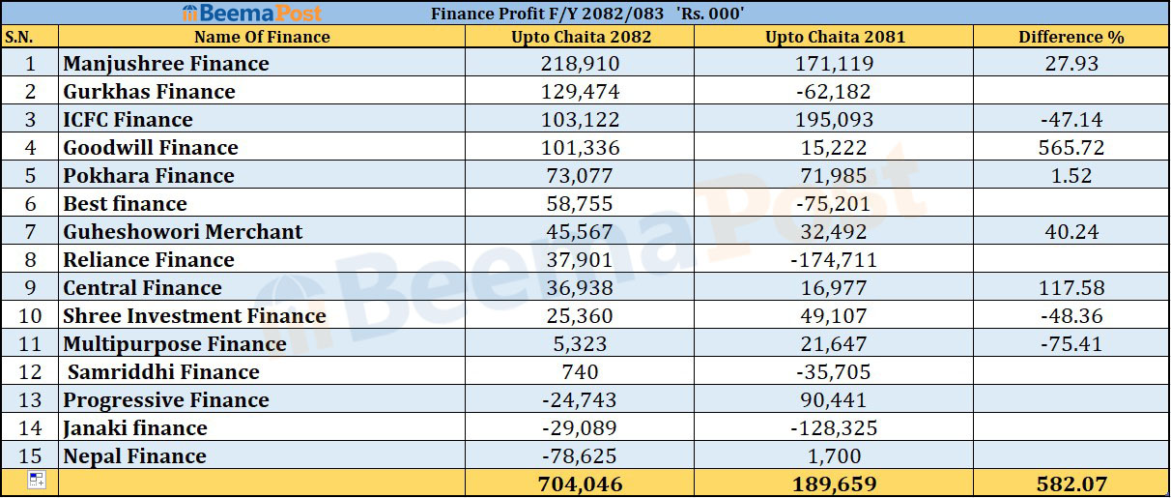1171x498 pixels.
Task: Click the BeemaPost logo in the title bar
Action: coord(251,14)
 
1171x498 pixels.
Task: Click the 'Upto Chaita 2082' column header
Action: coord(581,37)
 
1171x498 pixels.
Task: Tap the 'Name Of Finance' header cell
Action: coord(262,37)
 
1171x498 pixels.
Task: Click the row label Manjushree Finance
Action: coord(166,64)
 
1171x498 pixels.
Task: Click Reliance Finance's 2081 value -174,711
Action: coord(835,260)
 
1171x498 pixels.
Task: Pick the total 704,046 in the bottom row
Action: coord(581,483)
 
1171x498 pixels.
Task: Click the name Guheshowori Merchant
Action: coord(183,232)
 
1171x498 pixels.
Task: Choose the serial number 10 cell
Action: coord(30,316)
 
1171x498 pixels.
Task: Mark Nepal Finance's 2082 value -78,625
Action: coord(580,456)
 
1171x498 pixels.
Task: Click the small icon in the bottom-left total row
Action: coord(36,481)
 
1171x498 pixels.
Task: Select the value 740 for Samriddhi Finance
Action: coord(580,372)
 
